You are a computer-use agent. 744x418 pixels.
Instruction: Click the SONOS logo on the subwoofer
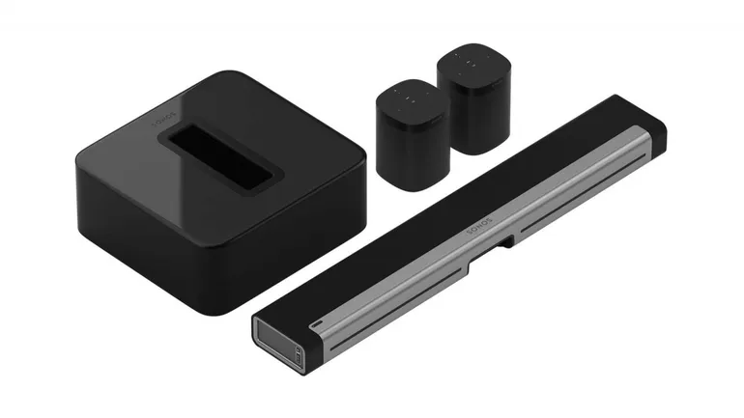pos(163,120)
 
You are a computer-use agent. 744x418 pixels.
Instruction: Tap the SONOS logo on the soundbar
pos(479,226)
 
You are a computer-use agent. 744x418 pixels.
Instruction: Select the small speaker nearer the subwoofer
pos(413,135)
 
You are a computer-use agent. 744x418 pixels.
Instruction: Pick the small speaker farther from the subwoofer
pos(474,98)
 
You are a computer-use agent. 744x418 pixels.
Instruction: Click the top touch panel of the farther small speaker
pos(474,63)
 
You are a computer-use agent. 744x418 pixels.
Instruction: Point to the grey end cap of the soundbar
pos(278,340)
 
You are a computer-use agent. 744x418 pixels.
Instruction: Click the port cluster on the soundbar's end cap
pos(299,355)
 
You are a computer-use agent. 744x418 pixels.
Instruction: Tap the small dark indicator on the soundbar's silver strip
pos(316,324)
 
